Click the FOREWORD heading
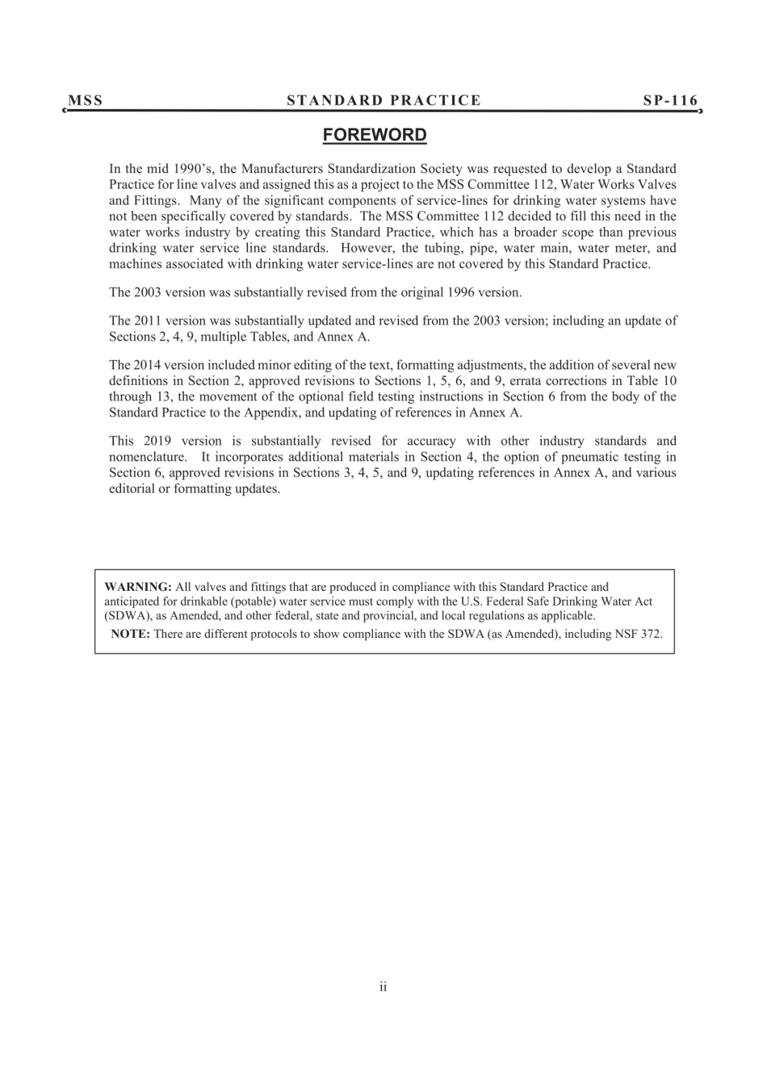tap(375, 135)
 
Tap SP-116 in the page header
tap(670, 101)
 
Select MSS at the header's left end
tap(86, 101)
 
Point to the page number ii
tap(383, 987)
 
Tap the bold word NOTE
tap(130, 634)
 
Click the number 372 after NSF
tap(651, 634)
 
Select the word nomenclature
tap(148, 457)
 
